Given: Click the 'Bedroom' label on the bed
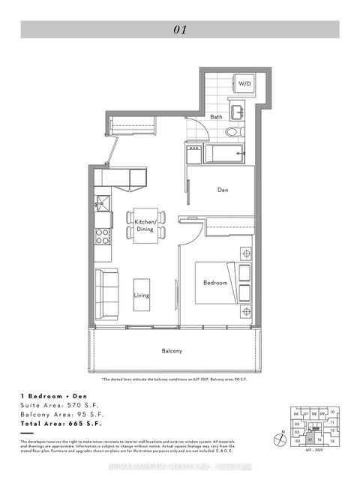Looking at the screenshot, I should pyautogui.click(x=215, y=283).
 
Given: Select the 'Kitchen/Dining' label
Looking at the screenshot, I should pyautogui.click(x=145, y=225).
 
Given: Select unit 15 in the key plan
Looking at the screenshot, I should pyautogui.click(x=331, y=442).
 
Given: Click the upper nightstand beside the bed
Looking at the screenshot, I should pyautogui.click(x=245, y=253).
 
